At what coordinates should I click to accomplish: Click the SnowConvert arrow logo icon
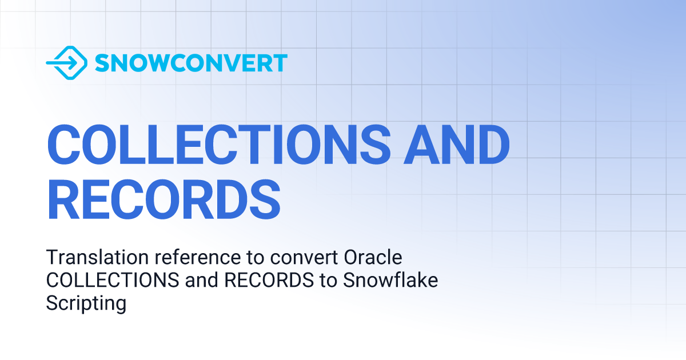tap(66, 63)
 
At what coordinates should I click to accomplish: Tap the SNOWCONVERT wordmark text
tap(191, 63)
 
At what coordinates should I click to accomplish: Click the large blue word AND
tap(455, 145)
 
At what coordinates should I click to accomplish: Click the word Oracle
tap(374, 258)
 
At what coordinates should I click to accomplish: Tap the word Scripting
tap(86, 303)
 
